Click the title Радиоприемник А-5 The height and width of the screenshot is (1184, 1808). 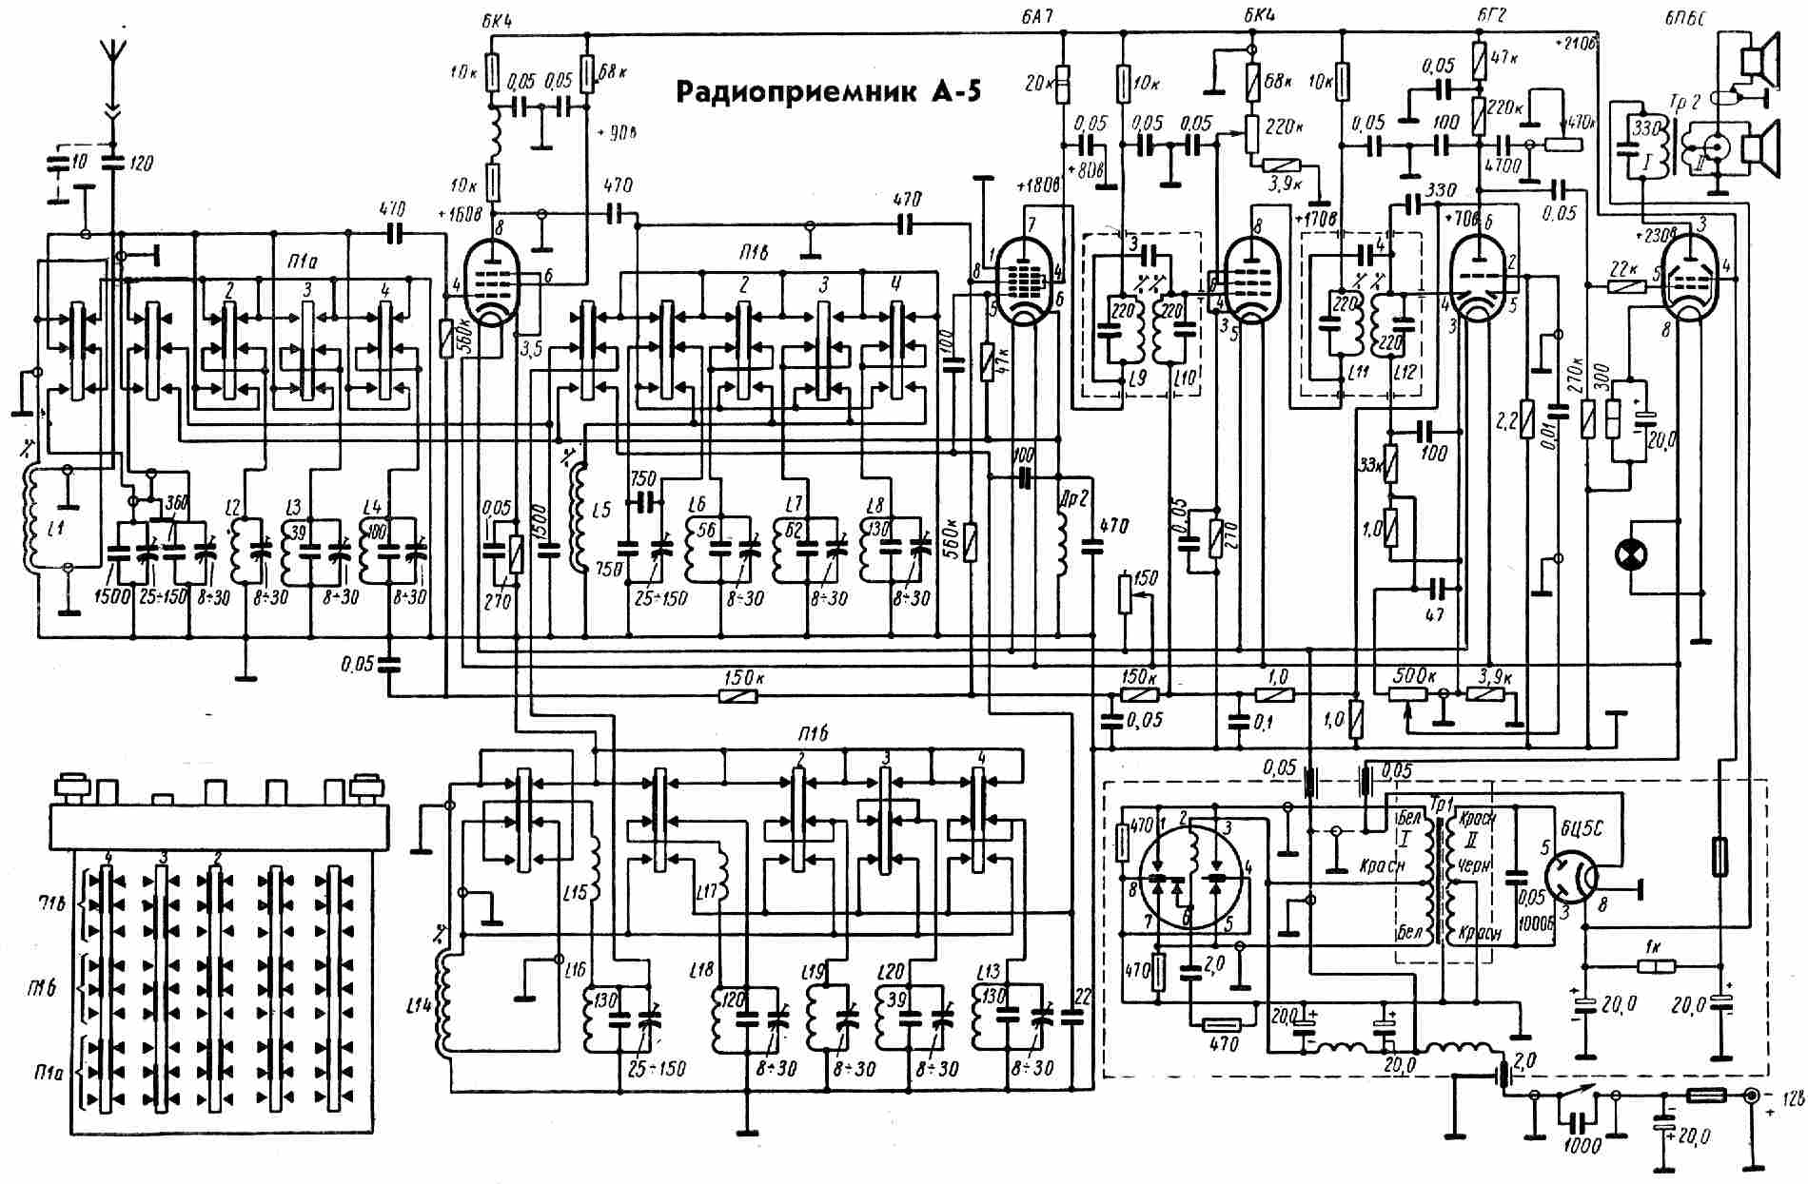click(x=827, y=92)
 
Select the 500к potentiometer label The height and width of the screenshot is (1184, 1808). click(x=1413, y=676)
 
